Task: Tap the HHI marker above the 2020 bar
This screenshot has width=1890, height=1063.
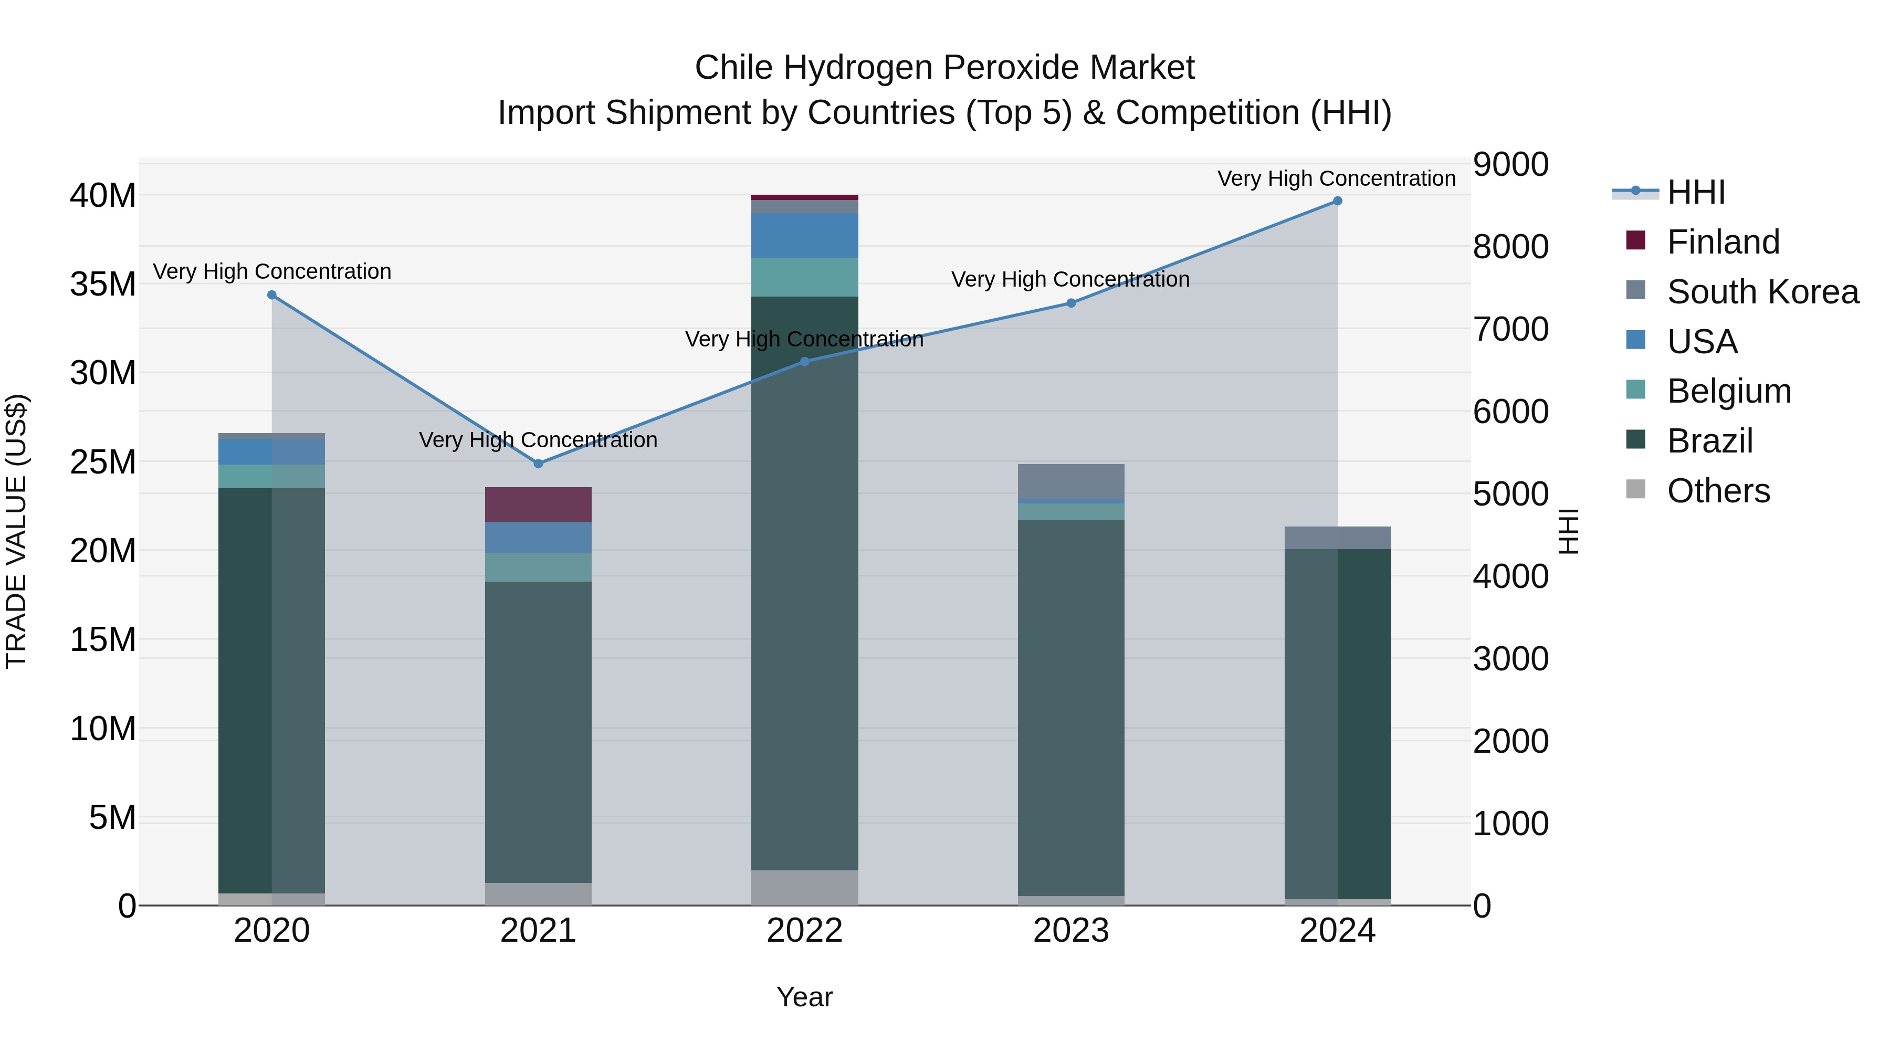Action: [x=271, y=295]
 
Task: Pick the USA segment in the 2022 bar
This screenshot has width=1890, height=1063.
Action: [x=804, y=236]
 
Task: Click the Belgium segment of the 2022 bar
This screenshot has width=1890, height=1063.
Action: [x=804, y=277]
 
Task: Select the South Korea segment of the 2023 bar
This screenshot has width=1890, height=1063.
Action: [x=1070, y=481]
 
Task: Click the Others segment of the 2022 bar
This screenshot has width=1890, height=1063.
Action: [x=804, y=888]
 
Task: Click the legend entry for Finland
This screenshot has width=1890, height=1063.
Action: [x=1723, y=242]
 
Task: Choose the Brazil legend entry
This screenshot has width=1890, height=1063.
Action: [x=1709, y=441]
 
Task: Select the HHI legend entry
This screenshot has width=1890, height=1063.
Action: [x=1696, y=192]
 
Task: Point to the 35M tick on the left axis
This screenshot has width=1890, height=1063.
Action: [x=103, y=284]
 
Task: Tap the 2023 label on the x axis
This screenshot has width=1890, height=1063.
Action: [x=1070, y=931]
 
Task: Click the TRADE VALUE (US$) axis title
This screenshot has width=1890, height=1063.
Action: [x=16, y=531]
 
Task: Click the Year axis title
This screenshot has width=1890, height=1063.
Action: [x=804, y=997]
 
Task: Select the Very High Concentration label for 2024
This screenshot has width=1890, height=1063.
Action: [x=1336, y=178]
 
